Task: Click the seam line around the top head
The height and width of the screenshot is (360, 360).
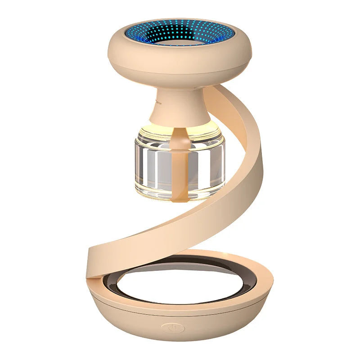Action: pos(180,61)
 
